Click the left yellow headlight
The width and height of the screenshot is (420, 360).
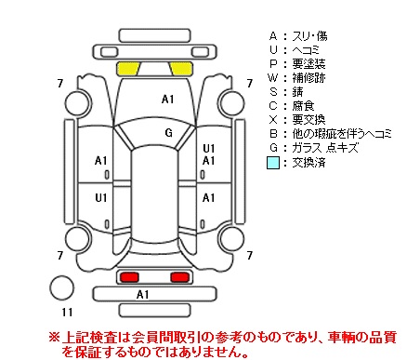(x=128, y=69)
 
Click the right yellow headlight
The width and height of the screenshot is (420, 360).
(x=181, y=69)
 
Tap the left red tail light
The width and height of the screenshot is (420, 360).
(x=129, y=277)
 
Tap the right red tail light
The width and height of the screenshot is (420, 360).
(x=180, y=277)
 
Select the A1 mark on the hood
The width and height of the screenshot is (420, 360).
(x=167, y=100)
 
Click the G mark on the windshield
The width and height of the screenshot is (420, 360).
(x=168, y=133)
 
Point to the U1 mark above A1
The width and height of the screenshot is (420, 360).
(x=209, y=149)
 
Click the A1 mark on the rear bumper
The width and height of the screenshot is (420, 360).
(x=142, y=295)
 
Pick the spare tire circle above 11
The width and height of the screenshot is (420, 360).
(x=62, y=287)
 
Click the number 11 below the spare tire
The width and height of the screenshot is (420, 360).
(x=67, y=312)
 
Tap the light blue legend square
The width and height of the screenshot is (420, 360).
(x=273, y=163)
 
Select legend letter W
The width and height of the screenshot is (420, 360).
(x=273, y=77)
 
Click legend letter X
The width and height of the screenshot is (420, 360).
(x=273, y=120)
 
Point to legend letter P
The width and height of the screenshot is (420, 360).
(x=273, y=63)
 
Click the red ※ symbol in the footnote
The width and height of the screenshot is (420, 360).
(x=54, y=337)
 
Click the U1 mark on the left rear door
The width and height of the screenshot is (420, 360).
(x=101, y=198)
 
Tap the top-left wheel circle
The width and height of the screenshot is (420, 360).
(x=78, y=103)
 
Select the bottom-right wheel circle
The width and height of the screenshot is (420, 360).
(x=231, y=239)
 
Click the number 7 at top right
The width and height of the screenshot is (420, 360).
(x=250, y=84)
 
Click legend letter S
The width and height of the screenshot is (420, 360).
(x=273, y=92)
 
